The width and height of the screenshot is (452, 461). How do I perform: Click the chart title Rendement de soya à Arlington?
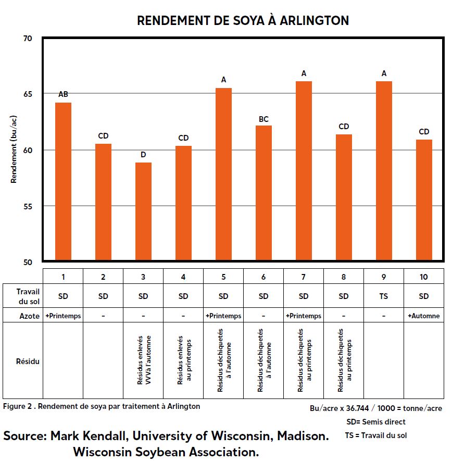(243, 21)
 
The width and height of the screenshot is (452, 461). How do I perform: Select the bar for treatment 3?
(143, 211)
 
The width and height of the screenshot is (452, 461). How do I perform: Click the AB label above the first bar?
(63, 94)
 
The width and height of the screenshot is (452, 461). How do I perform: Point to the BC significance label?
(263, 119)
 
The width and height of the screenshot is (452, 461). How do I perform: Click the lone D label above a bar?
(143, 155)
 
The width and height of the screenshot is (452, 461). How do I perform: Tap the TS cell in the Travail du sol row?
(384, 296)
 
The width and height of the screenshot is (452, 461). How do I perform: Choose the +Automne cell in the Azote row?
(424, 316)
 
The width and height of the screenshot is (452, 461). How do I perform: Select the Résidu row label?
(23, 360)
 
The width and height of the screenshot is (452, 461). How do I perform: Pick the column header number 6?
(263, 277)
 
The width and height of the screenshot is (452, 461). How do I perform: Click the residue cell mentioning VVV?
(143, 360)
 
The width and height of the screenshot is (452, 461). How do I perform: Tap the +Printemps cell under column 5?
(223, 316)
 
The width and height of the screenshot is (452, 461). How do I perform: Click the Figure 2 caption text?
(102, 406)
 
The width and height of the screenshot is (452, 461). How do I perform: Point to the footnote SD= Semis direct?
(375, 422)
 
